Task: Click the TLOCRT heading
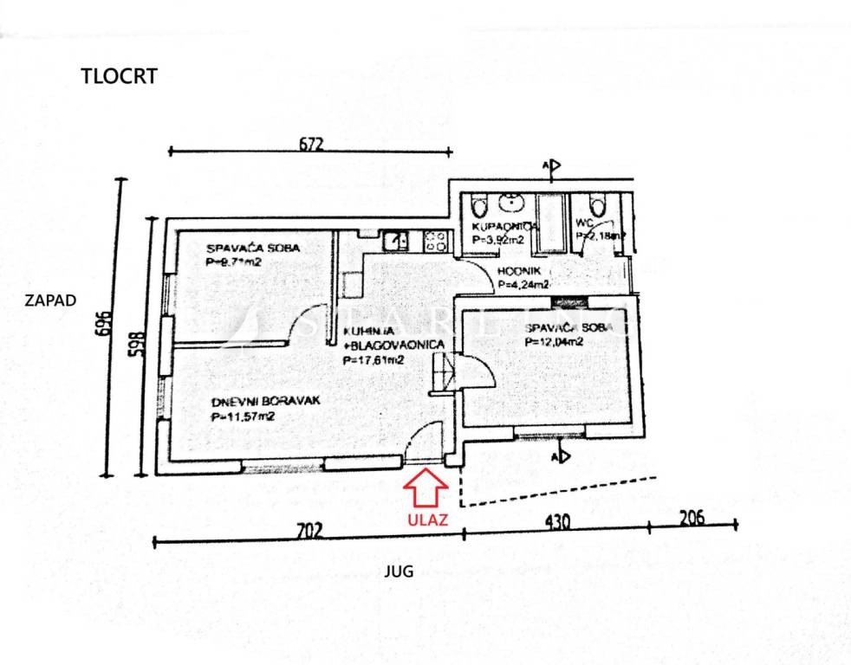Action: tap(119, 76)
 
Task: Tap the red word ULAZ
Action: tap(426, 520)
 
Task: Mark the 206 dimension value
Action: tap(692, 518)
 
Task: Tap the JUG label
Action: tap(400, 571)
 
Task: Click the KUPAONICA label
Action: tap(506, 227)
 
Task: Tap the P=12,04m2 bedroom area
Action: tap(554, 341)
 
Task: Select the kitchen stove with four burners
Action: tap(436, 240)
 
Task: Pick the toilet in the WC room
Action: tap(596, 206)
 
